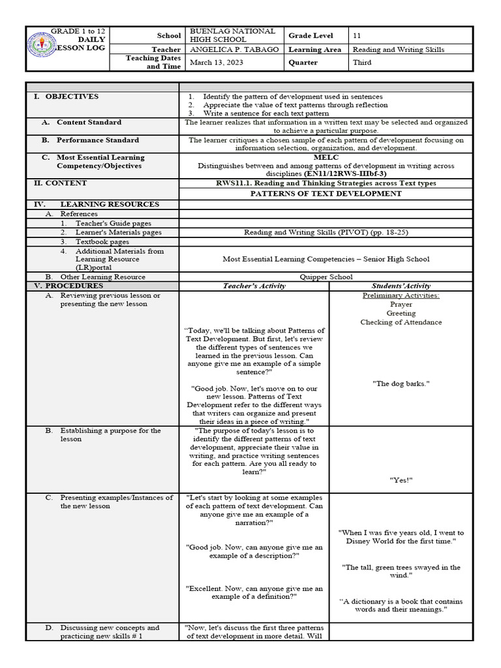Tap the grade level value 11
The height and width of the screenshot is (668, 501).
pyautogui.click(x=356, y=35)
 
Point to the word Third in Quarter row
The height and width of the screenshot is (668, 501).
pyautogui.click(x=362, y=63)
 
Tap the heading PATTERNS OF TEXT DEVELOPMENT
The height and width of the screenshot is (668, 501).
pyautogui.click(x=326, y=194)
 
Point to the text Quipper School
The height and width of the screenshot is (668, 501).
pyautogui.click(x=326, y=277)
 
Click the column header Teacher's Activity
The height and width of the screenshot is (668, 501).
pyautogui.click(x=254, y=286)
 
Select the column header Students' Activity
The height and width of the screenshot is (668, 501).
pyautogui.click(x=401, y=286)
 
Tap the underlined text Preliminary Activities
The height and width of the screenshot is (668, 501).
pyautogui.click(x=401, y=296)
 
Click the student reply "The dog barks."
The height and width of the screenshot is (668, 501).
pyautogui.click(x=401, y=384)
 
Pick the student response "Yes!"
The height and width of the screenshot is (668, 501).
pyautogui.click(x=401, y=480)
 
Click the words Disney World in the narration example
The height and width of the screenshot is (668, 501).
pyautogui.click(x=370, y=541)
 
